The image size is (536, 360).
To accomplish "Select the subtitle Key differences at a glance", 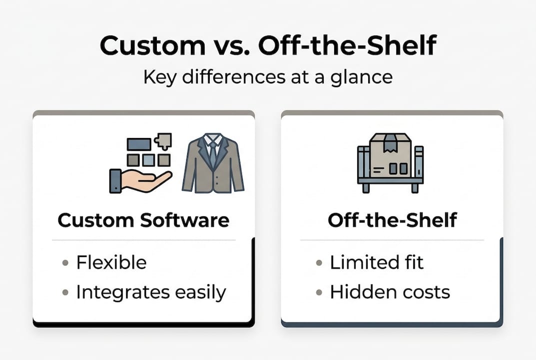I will [267, 77].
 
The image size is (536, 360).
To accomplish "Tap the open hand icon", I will [140, 180].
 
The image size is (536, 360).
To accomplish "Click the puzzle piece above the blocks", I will [164, 141].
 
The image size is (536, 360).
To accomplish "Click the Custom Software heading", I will [143, 220].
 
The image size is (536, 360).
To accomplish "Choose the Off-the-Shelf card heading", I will [392, 220].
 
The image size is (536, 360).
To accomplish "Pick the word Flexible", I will [111, 262].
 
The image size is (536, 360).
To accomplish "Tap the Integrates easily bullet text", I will [151, 292].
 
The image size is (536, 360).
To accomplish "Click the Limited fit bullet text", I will [377, 262].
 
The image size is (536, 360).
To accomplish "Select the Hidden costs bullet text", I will [390, 292].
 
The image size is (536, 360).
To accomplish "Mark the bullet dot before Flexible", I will [65, 263].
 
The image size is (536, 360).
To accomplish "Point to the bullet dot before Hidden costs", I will [319, 292].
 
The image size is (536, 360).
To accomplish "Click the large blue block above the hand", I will [139, 144].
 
